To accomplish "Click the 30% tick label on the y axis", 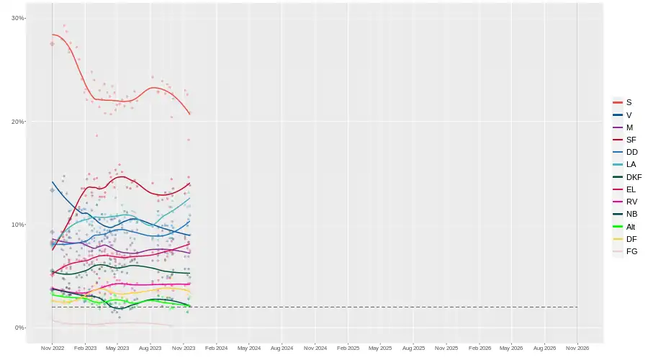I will tap(18, 18).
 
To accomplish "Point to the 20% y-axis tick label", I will tap(18, 121).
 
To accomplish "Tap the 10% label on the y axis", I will tap(18, 225).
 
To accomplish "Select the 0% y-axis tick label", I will tap(20, 328).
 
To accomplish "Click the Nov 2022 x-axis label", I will tap(52, 348).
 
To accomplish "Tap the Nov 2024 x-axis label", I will tap(315, 348).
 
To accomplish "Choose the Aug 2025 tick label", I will tap(413, 348).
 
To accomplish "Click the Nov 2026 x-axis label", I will tap(577, 348).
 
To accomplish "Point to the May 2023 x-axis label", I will tap(117, 348).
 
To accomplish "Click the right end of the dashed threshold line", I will tap(577, 307).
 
